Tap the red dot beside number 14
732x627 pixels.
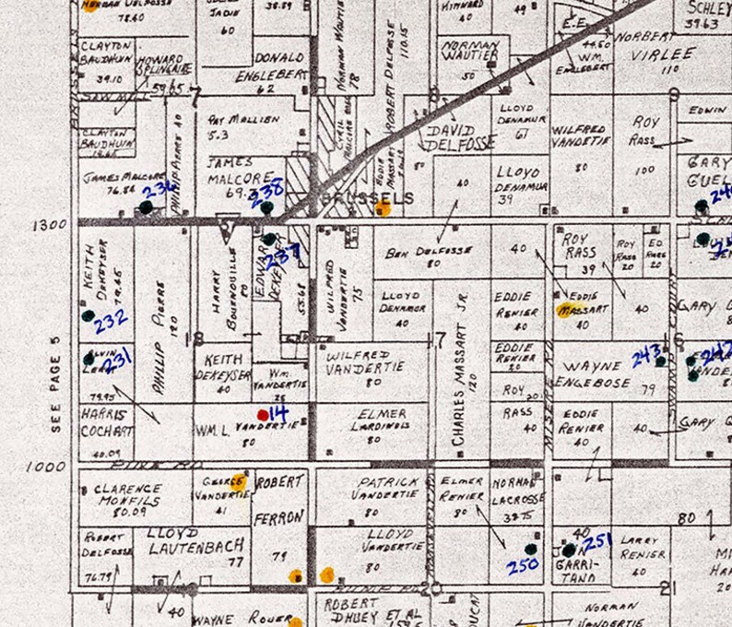[x=263, y=414]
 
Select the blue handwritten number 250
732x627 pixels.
[x=522, y=564]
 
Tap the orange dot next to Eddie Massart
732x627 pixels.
[x=563, y=310]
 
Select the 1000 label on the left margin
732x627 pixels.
[x=45, y=467]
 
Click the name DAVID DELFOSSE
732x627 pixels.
[x=449, y=138]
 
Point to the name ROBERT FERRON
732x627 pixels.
[x=279, y=499]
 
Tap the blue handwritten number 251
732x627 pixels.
[x=599, y=540]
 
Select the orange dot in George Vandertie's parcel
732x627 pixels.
[x=239, y=480]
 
